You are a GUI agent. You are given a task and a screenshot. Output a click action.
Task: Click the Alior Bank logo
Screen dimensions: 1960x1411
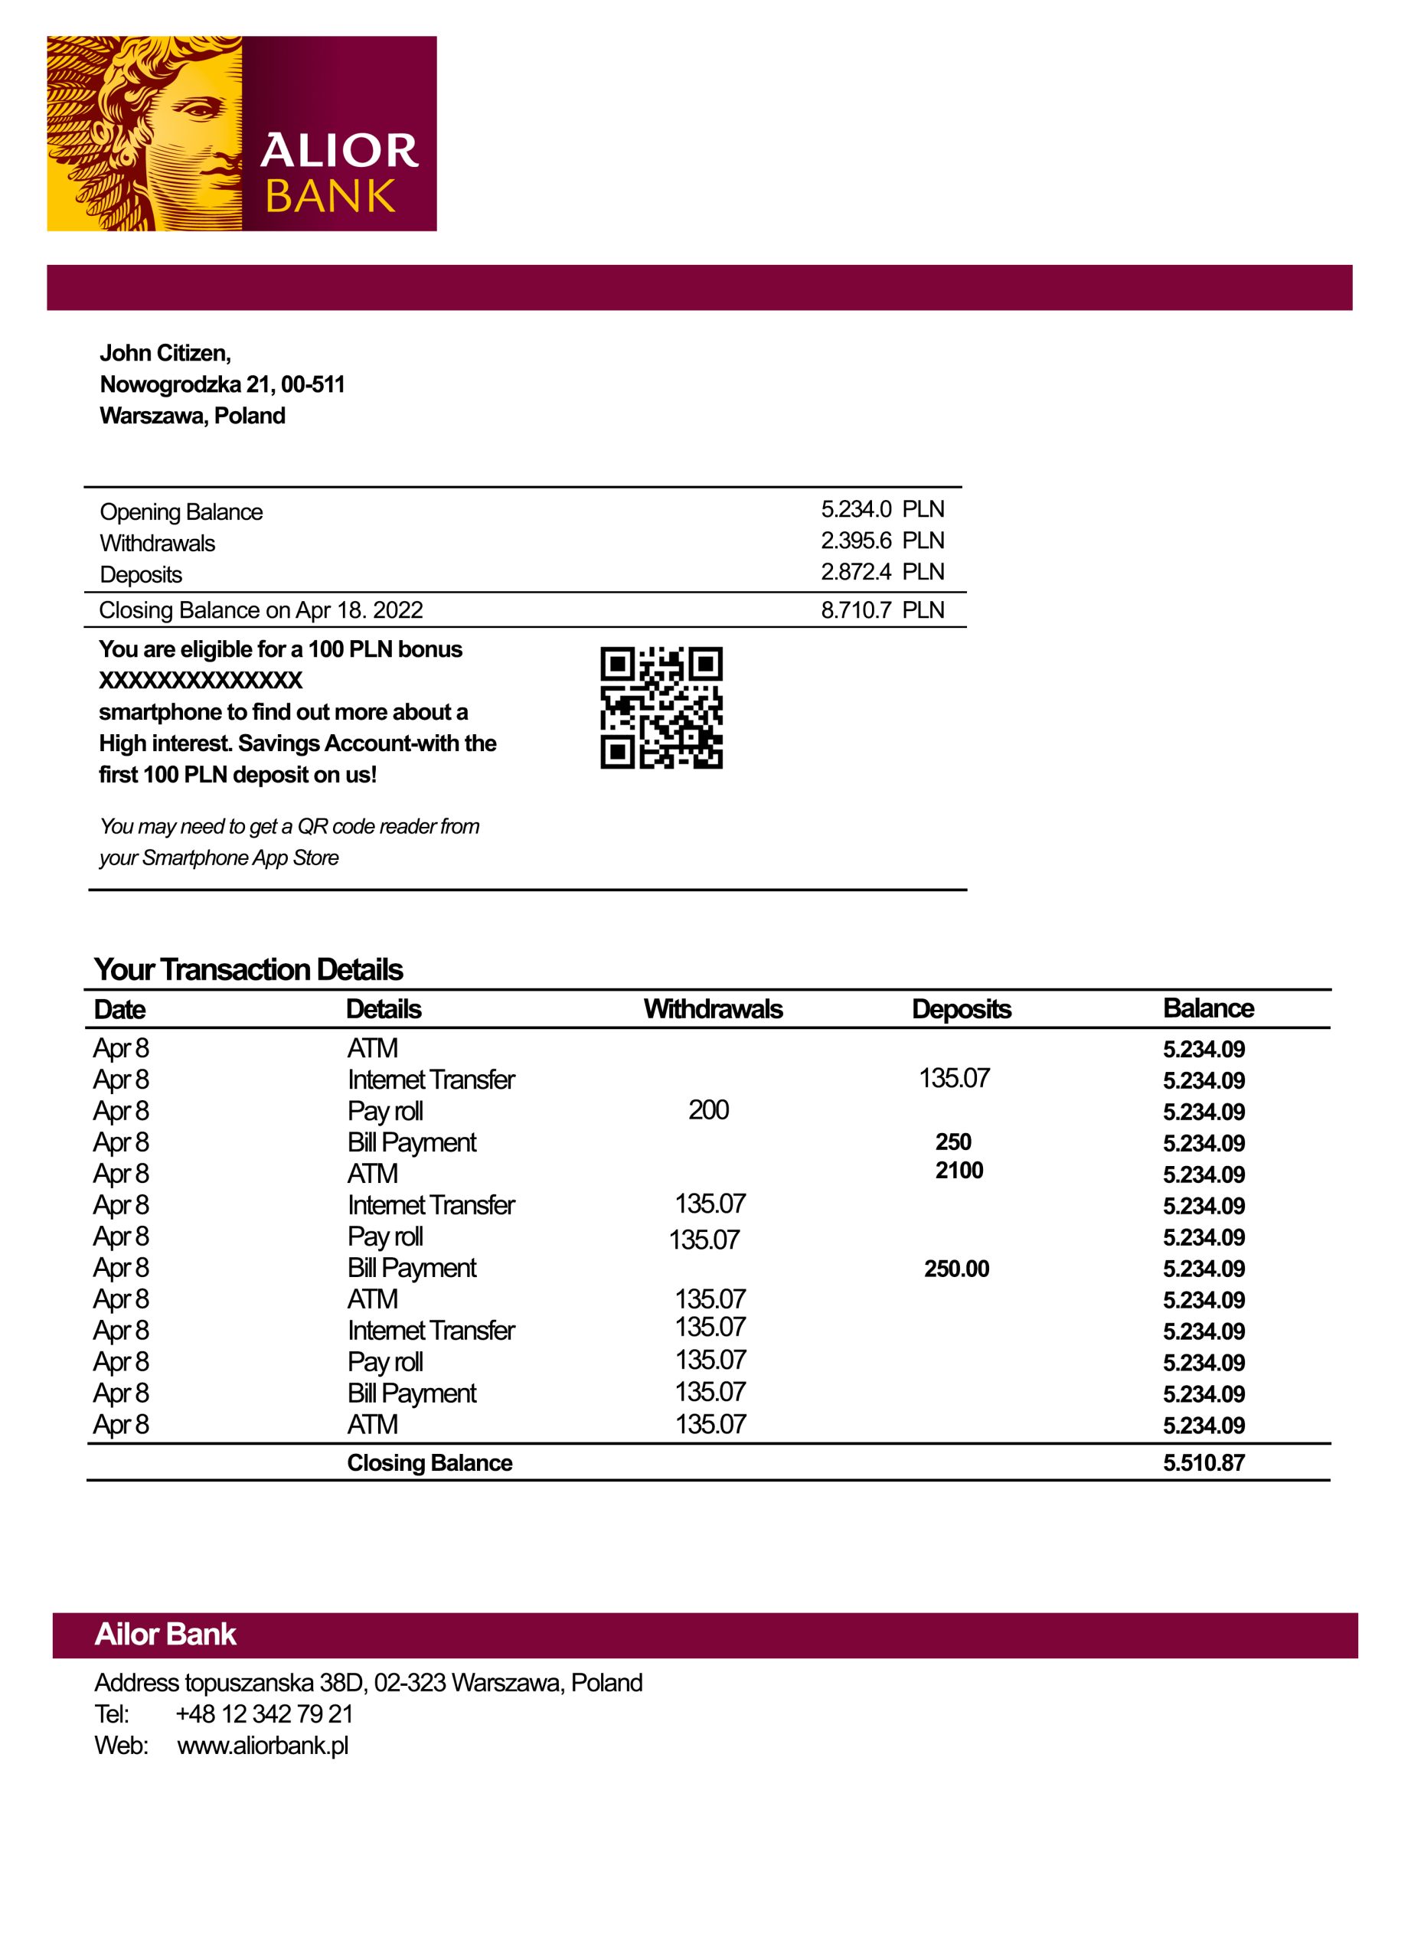241,133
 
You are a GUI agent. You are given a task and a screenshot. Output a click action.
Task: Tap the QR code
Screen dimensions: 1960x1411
661,707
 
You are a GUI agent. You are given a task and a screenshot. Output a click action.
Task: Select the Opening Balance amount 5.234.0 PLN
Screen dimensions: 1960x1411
881,509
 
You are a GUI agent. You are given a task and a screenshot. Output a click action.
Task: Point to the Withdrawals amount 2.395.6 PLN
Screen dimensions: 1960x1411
881,540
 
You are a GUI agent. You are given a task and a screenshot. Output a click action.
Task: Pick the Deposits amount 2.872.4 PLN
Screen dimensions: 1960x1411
881,571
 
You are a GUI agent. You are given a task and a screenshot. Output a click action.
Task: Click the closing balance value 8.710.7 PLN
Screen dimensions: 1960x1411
881,610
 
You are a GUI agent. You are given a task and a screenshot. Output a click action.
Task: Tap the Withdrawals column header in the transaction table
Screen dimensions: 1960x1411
713,1008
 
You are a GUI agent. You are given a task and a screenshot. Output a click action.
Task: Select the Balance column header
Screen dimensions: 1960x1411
1208,1008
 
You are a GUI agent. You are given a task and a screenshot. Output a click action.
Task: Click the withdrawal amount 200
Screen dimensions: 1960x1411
708,1109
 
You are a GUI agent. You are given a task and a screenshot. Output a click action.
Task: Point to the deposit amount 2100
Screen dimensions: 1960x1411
959,1170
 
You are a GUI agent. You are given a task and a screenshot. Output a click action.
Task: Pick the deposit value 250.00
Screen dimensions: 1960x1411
956,1269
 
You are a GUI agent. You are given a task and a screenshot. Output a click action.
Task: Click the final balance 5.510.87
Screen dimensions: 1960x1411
1204,1462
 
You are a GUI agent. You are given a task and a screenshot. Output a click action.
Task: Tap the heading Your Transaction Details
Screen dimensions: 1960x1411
249,969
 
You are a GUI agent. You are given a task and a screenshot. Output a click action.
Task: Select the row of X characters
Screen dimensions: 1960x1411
201,680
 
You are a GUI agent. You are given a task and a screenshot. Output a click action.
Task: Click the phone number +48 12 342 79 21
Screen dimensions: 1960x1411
264,1713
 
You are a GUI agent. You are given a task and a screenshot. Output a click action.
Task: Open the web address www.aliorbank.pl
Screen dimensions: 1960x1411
263,1745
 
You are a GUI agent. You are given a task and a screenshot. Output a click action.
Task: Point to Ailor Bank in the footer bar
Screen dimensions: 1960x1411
165,1634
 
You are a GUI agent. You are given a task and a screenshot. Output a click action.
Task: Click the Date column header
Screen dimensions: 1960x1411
120,1008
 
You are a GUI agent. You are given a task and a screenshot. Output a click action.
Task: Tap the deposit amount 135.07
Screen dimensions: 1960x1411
954,1078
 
